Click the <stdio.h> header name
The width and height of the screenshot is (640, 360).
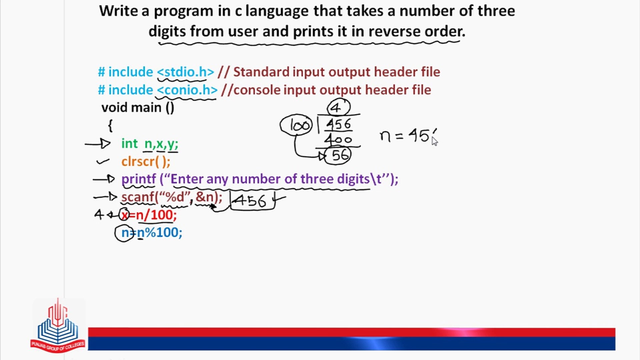(185, 72)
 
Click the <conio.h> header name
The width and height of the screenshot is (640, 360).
(187, 90)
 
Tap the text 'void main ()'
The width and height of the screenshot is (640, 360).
(138, 108)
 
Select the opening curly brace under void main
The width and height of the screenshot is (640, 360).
(110, 126)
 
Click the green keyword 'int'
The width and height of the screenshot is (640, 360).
(129, 144)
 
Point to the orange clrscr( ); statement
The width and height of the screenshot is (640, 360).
(146, 162)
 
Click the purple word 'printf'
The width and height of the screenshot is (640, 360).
(139, 179)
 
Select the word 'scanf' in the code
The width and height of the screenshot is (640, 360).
(138, 197)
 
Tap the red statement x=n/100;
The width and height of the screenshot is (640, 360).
(149, 215)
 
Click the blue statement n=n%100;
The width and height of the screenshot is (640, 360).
(152, 233)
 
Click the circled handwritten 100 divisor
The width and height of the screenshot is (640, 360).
(296, 125)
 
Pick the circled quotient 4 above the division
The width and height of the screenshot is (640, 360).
(339, 107)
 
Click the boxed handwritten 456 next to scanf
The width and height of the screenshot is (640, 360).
(252, 200)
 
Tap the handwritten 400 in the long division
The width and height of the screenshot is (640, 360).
(338, 139)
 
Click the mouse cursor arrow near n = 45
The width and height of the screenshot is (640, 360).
(435, 141)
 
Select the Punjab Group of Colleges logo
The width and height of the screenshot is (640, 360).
(58, 325)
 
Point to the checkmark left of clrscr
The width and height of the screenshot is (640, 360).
(103, 162)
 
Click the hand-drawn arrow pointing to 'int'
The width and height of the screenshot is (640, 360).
(98, 144)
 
